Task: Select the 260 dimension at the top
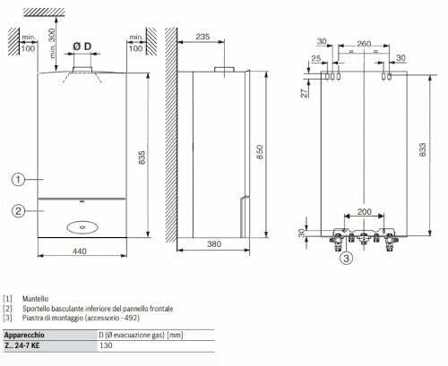pos(362,41)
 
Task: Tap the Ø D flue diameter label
pos(83,45)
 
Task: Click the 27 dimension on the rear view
pos(306,92)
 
